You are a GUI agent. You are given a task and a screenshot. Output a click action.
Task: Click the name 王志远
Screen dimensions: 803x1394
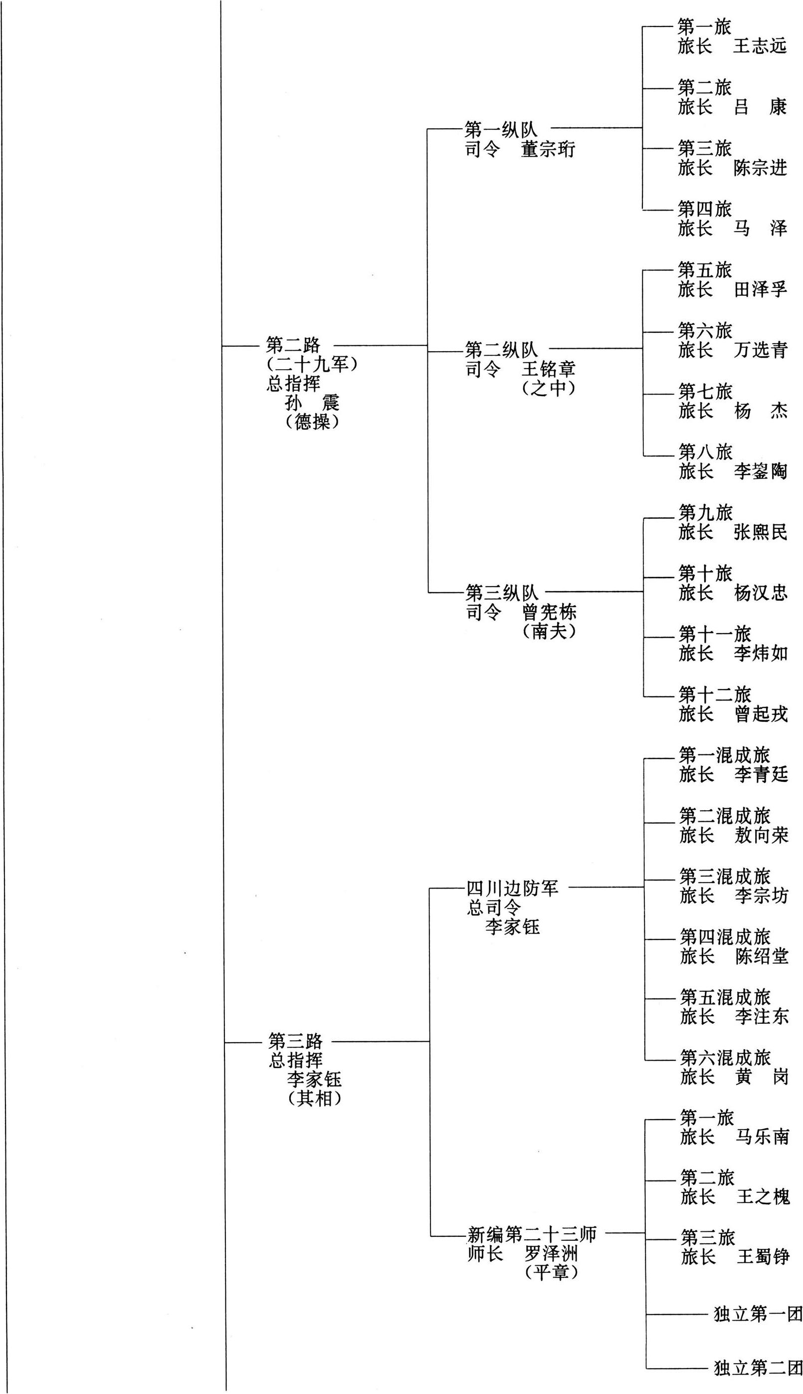(760, 46)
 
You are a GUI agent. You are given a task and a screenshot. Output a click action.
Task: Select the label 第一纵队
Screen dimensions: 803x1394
(501, 130)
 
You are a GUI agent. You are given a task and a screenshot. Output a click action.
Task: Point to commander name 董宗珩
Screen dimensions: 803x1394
(548, 150)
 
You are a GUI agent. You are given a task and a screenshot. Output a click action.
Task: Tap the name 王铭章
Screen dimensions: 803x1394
(549, 369)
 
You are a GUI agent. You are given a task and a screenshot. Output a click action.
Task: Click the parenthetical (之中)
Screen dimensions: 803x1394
(549, 388)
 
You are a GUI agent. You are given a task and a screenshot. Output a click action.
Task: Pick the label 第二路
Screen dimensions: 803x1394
(293, 345)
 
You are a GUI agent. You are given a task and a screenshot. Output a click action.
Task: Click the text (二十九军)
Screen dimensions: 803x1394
(312, 365)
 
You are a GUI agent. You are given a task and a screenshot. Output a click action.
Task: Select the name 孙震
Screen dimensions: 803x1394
(312, 403)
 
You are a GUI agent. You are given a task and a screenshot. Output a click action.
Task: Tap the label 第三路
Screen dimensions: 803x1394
(296, 1041)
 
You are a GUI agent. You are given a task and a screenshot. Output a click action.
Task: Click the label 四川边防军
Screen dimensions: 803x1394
(513, 888)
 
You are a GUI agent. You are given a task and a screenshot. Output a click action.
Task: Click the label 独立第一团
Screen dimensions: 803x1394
(758, 1314)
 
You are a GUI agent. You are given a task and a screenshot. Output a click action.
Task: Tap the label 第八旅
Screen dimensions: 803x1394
(705, 452)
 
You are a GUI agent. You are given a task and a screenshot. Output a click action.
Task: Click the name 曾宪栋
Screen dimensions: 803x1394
(550, 612)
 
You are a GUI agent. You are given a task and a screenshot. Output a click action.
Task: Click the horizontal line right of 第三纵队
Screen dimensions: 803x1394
(596, 592)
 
